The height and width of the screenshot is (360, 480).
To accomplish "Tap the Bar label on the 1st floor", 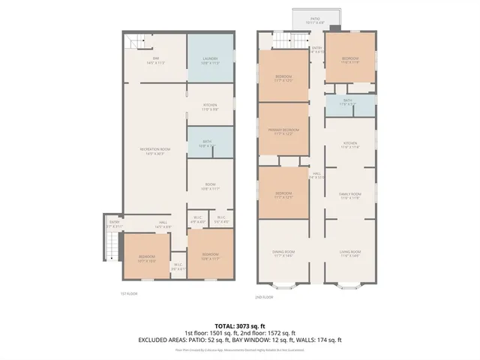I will click(156, 59).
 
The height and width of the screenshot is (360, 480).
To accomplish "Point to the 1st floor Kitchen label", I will click(210, 106).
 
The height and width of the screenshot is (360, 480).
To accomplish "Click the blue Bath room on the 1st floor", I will click(210, 142).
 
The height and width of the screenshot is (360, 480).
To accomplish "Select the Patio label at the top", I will click(315, 21).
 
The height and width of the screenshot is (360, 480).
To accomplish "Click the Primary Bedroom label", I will click(283, 131).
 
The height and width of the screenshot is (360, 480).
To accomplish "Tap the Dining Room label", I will click(283, 253).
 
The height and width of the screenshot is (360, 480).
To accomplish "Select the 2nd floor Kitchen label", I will click(350, 145).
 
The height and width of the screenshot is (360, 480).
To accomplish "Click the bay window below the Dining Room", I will click(283, 286).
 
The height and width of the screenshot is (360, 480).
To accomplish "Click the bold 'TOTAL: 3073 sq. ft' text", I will click(239, 326).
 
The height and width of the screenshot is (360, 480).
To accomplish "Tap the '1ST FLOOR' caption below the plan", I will click(129, 293).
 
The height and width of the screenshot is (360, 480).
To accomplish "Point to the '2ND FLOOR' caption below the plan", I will click(263, 297).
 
